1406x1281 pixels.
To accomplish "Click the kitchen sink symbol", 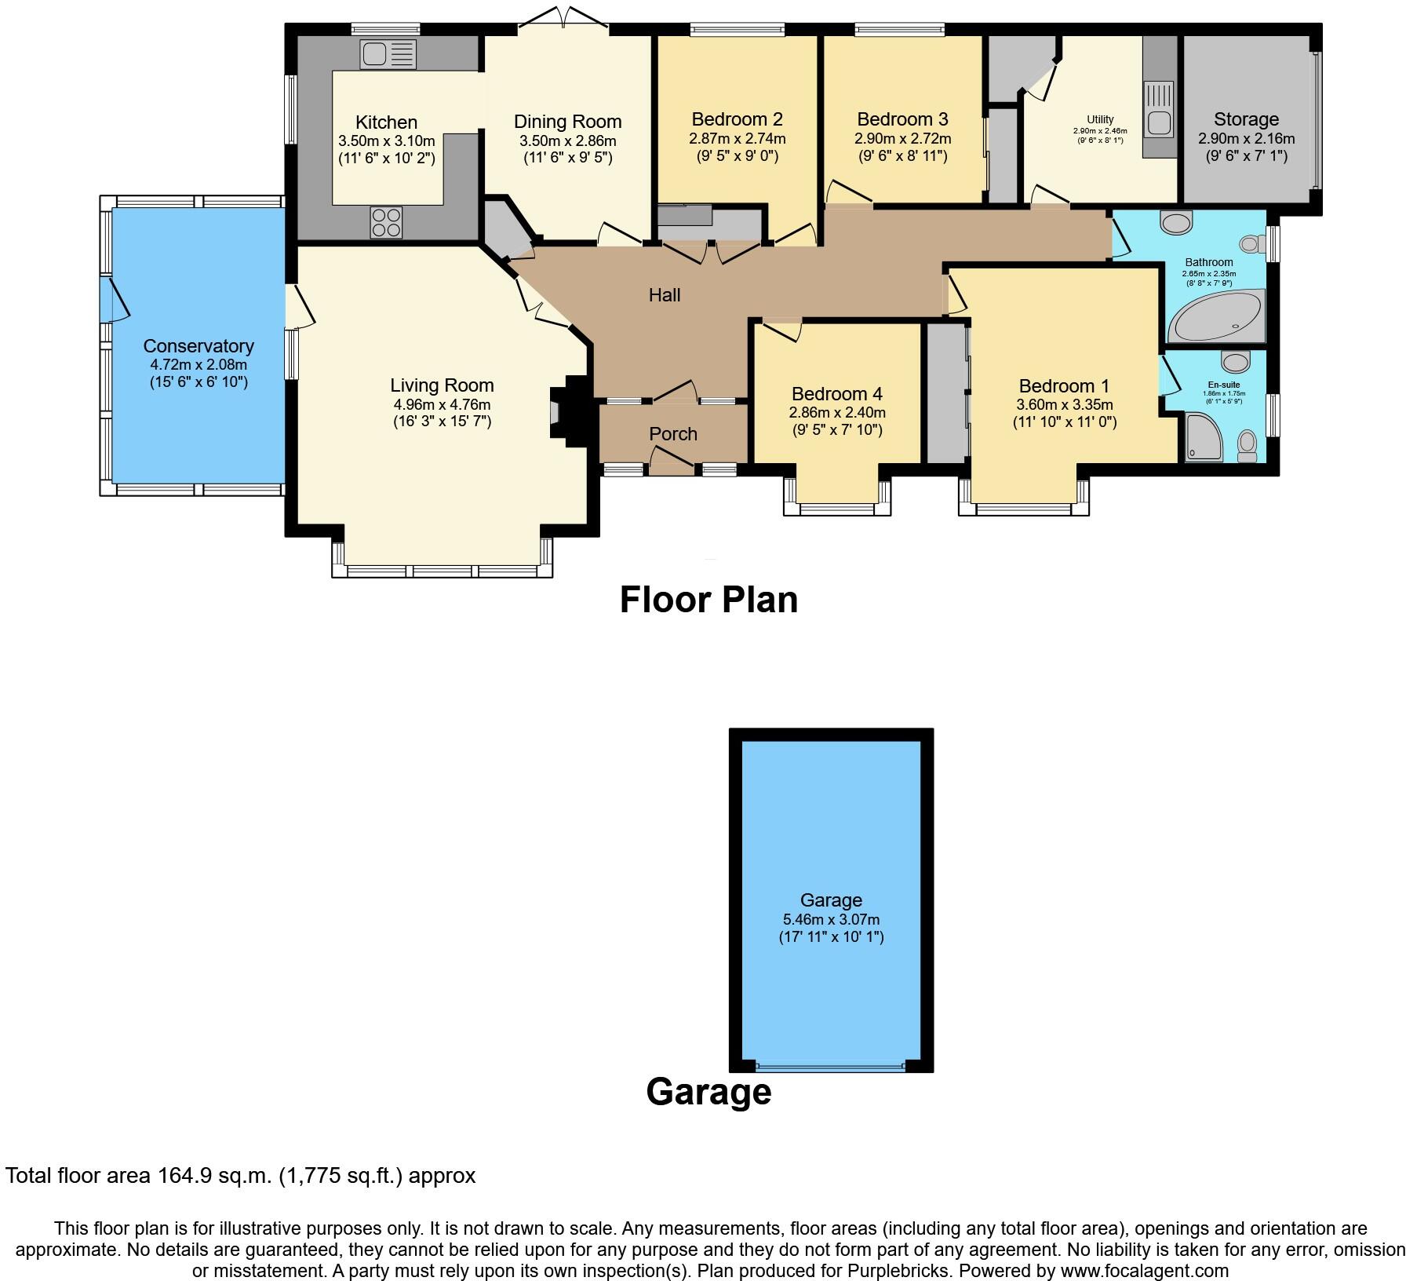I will pos(388,55).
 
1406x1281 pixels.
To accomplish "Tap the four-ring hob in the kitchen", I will pos(386,221).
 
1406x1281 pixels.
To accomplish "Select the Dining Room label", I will pos(567,122).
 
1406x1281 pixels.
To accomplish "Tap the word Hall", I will pos(664,295).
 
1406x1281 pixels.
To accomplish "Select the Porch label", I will pos(672,433).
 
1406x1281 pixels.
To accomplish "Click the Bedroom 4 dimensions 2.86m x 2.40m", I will pos(836,413).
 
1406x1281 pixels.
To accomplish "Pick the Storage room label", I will pos(1246,119).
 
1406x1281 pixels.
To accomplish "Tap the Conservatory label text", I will pos(199,346).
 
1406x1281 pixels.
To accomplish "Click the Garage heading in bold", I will pos(708,1092).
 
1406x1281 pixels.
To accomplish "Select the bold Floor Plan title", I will pos(708,600).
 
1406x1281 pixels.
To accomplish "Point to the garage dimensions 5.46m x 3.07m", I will pos(831,919).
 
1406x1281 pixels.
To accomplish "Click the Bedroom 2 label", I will pos(737,119).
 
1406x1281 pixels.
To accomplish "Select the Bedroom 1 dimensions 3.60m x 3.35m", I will pos(1064,405).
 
